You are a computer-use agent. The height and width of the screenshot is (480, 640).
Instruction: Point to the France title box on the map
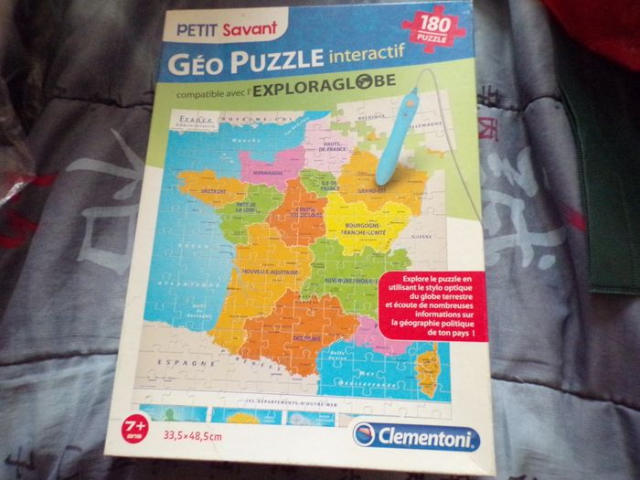(x=197, y=123)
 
